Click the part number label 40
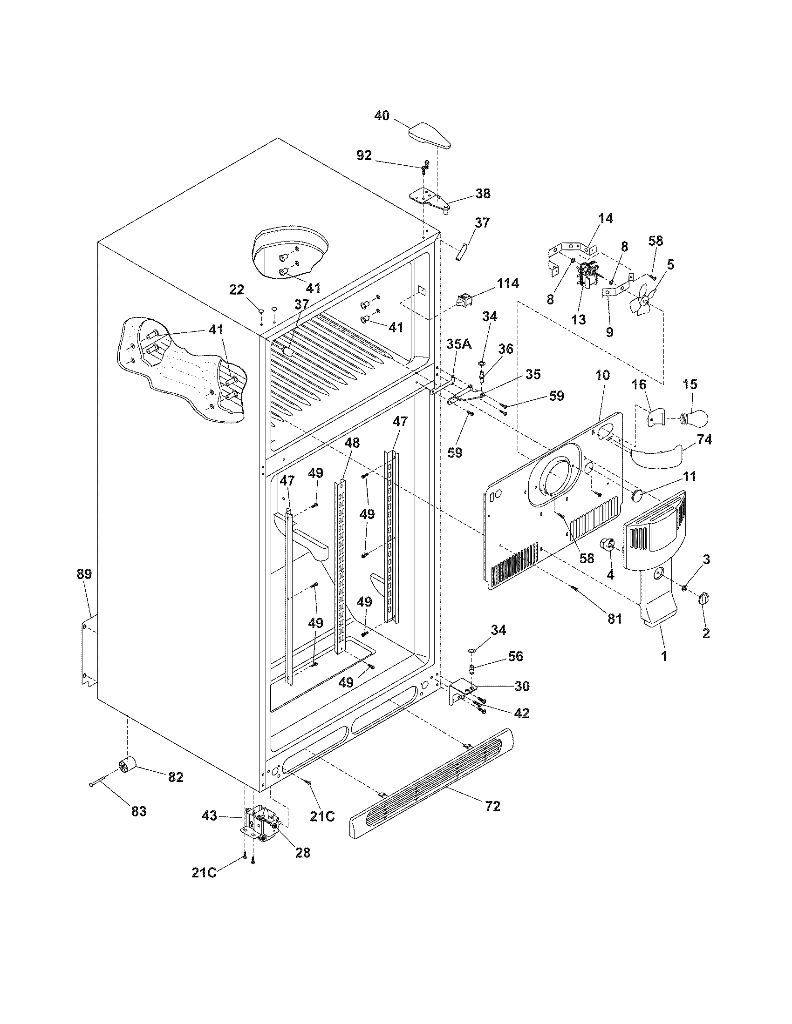coord(382,115)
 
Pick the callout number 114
coord(508,283)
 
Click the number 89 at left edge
coord(84,574)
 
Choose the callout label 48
coord(352,443)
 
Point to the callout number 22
coord(237,290)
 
